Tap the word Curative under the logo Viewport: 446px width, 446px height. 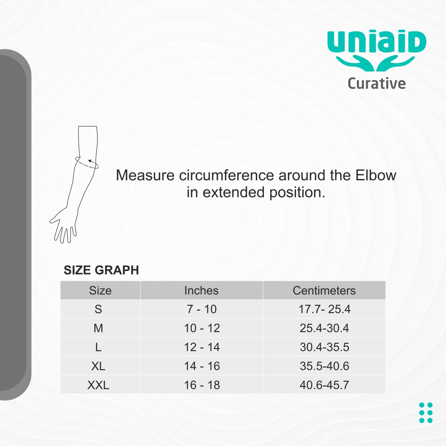377,83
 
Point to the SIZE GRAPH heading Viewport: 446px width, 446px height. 101,270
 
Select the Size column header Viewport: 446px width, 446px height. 100,290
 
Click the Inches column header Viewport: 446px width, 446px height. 201,290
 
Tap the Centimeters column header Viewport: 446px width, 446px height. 324,290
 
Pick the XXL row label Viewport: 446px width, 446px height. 98,385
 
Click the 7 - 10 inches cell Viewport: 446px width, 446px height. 202,309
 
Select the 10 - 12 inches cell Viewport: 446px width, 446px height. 202,328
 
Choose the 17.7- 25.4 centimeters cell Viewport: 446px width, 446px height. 324,309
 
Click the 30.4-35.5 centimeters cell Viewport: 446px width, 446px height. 324,347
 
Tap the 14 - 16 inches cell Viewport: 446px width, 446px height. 202,366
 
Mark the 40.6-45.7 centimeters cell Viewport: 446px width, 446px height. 324,385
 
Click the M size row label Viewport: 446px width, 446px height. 98,328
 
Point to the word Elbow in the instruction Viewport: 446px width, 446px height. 376,175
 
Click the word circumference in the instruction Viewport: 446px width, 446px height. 227,175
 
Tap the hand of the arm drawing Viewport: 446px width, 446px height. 64,225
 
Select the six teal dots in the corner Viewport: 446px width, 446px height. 426,413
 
